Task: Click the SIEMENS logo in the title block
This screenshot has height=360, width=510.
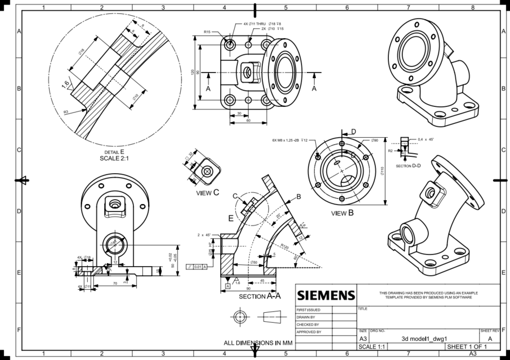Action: (326, 295)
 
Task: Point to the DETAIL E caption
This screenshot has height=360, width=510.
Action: (114, 152)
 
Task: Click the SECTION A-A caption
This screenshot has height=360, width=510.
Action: (260, 296)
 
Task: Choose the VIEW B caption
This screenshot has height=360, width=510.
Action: (342, 213)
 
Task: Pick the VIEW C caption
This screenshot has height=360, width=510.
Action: (207, 192)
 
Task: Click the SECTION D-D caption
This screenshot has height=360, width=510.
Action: (408, 166)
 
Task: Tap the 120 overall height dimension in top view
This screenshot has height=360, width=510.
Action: (193, 73)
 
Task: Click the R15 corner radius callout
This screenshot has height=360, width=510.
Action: (207, 32)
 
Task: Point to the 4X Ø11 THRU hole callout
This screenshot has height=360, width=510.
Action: (254, 24)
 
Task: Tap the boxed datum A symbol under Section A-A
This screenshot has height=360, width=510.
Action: (227, 286)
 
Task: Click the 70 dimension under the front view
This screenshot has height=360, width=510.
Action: (114, 283)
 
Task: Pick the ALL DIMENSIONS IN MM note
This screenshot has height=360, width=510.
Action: (258, 343)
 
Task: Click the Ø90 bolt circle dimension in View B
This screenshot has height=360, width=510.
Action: (374, 140)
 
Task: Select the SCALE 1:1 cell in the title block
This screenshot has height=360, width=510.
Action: (372, 346)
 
